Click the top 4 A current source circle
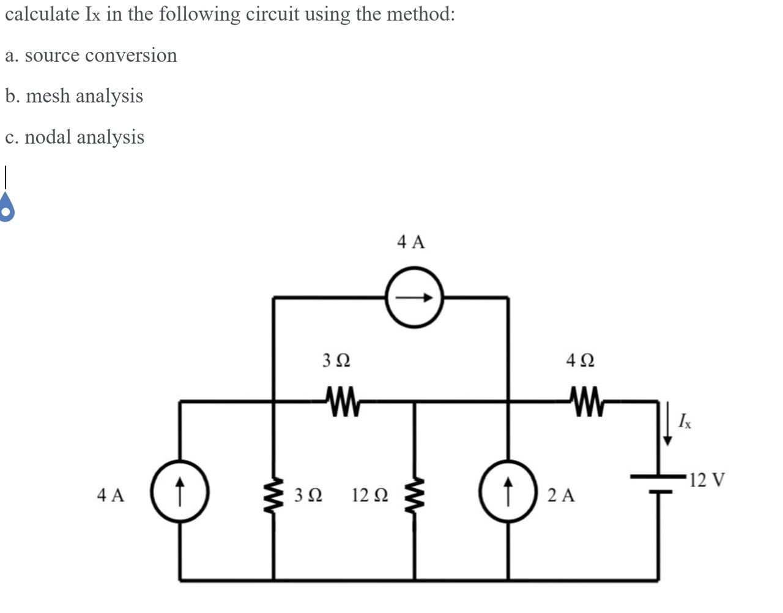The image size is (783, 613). [x=415, y=297]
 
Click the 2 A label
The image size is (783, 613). [x=562, y=495]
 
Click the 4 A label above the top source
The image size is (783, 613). [x=411, y=242]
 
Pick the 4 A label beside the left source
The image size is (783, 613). [x=111, y=495]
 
